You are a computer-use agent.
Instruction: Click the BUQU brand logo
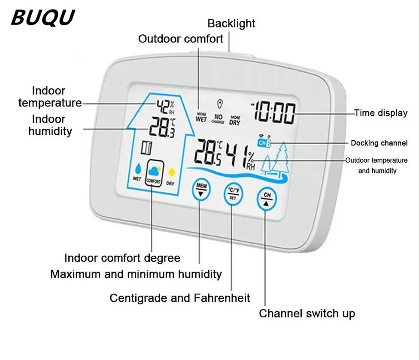pos(43,17)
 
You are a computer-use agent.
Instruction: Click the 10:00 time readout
pos(273,113)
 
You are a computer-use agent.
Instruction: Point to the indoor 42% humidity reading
pos(164,104)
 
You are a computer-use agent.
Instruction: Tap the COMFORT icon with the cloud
pos(154,173)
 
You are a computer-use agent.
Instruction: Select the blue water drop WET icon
pos(137,171)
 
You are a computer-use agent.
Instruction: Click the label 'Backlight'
pos(231,23)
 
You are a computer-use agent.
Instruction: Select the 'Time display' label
pos(380,113)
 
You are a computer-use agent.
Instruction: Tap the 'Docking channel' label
pos(379,143)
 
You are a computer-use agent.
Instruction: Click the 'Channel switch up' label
pos(307,314)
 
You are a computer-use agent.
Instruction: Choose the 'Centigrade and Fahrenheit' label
pos(180,297)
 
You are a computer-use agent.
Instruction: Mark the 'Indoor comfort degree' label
pos(122,258)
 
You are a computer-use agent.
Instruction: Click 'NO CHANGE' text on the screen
pos(218,119)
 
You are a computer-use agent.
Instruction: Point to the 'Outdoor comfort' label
pos(181,39)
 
